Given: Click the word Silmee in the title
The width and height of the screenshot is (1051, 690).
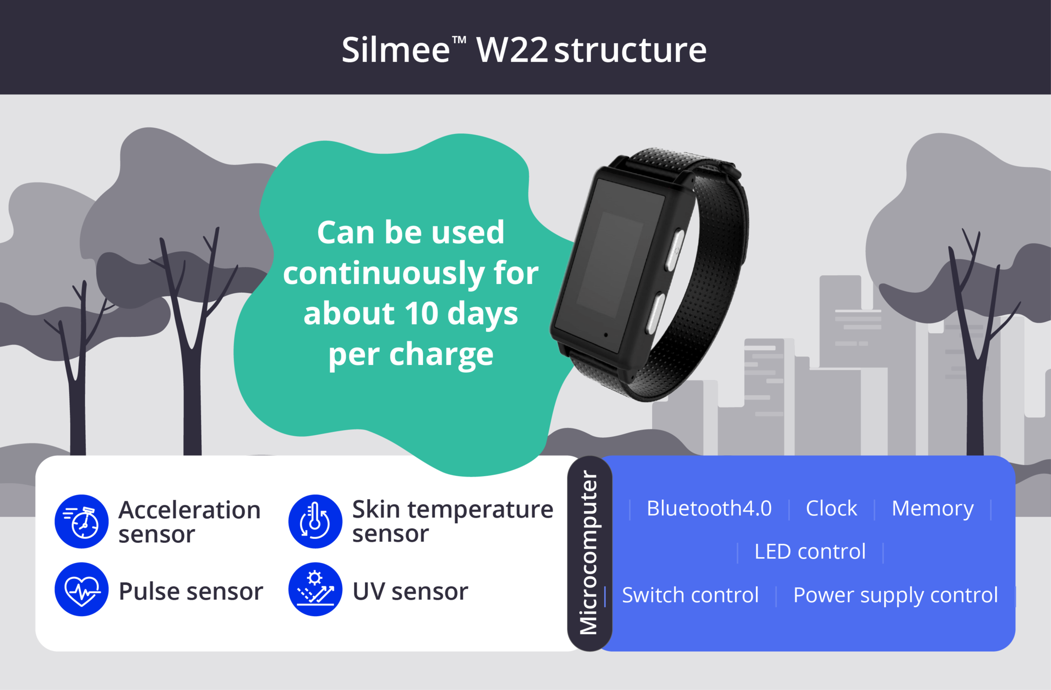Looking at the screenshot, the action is point(396,50).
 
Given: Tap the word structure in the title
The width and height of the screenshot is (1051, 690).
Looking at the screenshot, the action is point(630,51).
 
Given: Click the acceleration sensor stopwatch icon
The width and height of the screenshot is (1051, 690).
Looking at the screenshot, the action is point(82,521).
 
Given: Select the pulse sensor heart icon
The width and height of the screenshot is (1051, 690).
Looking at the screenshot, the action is point(82,589).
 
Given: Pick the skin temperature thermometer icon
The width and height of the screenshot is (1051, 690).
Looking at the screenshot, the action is point(315,521).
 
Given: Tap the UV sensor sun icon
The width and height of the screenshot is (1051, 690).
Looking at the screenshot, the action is point(315,589).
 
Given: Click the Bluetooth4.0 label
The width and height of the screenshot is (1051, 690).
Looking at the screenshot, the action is point(709,509).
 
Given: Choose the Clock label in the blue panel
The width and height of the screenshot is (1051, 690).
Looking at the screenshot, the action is point(831,509).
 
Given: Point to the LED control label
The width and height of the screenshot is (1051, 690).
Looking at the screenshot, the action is point(810,552).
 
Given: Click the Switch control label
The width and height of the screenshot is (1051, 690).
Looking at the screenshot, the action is point(690,595).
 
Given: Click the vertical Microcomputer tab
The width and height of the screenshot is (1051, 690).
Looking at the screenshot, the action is point(590,553).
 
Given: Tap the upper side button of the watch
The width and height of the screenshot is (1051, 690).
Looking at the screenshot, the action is point(675,250).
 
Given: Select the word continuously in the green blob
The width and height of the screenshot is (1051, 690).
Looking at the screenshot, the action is point(383,273).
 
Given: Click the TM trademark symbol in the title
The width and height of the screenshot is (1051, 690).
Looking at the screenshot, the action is point(459,39).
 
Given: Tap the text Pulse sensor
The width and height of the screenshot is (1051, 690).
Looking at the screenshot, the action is point(190,591).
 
